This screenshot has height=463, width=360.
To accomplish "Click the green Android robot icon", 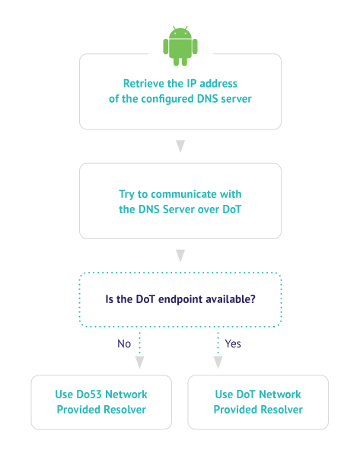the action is (x=180, y=46).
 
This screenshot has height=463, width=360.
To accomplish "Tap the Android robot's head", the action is (x=180, y=33).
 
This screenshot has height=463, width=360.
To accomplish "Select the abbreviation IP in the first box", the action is (x=192, y=84).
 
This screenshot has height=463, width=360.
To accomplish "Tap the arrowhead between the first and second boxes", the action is (x=180, y=146).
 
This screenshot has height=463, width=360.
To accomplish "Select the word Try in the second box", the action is (x=126, y=195).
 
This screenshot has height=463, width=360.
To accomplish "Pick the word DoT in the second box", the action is (x=232, y=209).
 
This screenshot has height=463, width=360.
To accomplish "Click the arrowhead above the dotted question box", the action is (x=180, y=255).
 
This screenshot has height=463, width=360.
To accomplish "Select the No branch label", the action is (x=124, y=343).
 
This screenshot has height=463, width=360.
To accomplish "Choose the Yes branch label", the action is (x=233, y=343).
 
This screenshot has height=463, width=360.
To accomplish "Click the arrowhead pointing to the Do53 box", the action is (x=139, y=362).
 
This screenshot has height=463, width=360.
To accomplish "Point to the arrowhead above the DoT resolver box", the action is (x=218, y=362).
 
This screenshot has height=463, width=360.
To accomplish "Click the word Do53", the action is (x=89, y=394).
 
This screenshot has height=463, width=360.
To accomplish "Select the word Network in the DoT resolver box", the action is (x=280, y=394).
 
